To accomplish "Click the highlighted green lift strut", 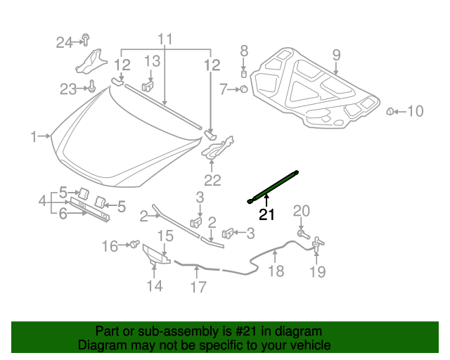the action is [273, 187].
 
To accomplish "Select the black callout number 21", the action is [266, 214].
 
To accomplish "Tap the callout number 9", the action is [336, 55].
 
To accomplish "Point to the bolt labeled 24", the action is [86, 39].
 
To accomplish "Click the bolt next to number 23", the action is [91, 86].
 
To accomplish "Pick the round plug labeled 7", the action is [244, 89].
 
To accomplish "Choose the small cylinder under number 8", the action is [244, 74].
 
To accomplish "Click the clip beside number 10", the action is [390, 111].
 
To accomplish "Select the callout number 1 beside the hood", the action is [34, 136].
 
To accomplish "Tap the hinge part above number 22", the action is [218, 147].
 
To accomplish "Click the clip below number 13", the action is [148, 86].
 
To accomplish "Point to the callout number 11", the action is [165, 39].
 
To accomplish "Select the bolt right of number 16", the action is [134, 244].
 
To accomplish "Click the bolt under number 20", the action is [303, 234].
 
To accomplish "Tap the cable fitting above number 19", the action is [318, 244].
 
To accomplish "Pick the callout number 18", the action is [276, 271].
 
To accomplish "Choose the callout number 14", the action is [155, 285].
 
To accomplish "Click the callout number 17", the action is [198, 287].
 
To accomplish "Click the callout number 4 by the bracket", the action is [43, 200].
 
